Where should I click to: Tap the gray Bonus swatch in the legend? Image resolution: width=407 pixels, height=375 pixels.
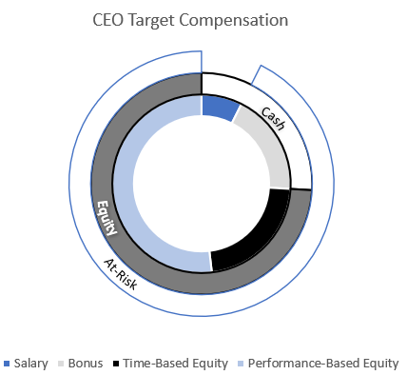63,364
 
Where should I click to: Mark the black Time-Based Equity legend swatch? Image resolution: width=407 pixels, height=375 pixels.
116,364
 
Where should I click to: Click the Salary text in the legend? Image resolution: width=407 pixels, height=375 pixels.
33,364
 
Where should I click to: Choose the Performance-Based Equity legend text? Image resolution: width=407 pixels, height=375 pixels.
321,364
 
